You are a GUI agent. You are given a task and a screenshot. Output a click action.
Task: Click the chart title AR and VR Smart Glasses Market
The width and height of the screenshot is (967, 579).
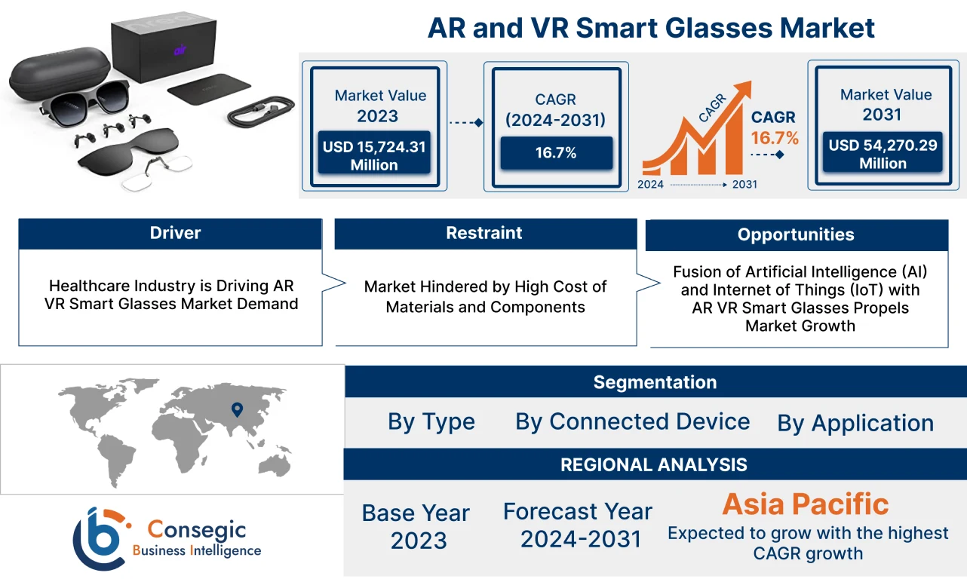[x=651, y=28]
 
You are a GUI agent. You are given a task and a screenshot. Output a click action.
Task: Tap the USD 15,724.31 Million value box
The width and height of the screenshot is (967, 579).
[x=374, y=155]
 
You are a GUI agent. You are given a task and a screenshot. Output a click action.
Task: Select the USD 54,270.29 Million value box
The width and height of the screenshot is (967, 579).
[x=883, y=154]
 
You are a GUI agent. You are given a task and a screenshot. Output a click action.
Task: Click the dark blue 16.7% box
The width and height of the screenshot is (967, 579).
[x=556, y=153]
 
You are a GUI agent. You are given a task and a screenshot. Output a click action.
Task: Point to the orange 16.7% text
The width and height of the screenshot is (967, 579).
[x=774, y=138]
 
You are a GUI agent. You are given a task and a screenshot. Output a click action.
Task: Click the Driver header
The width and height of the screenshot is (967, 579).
[x=175, y=233]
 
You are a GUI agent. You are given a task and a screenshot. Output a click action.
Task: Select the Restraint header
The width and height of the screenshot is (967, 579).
[x=484, y=233]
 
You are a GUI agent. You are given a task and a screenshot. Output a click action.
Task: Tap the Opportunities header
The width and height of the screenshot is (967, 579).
[x=796, y=234]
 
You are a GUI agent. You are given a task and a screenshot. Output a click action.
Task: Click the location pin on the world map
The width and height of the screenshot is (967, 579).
[x=237, y=410]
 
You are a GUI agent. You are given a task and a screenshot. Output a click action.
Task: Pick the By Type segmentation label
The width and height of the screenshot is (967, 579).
[x=431, y=421]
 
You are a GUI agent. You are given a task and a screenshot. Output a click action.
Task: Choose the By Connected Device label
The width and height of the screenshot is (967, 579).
[x=632, y=421]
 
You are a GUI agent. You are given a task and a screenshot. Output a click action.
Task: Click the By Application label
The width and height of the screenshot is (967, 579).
[x=855, y=423]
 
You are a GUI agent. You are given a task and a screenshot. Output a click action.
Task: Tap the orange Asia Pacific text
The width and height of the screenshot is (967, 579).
[x=805, y=504]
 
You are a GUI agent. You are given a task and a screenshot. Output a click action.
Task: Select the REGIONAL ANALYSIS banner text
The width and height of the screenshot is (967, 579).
[x=654, y=464]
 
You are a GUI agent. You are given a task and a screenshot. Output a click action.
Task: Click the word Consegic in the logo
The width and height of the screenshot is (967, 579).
[x=196, y=529]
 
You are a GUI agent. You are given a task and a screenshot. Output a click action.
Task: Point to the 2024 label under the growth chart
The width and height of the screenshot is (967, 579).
[x=651, y=184]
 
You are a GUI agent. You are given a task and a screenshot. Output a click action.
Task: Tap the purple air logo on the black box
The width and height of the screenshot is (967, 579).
[x=180, y=51]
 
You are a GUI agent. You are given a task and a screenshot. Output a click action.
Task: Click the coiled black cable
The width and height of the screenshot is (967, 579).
[x=259, y=112]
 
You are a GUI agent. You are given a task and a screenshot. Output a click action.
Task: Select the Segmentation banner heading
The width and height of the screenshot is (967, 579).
[x=655, y=382]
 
